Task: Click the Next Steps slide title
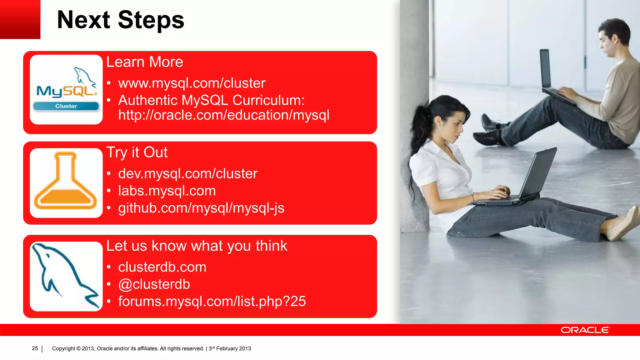coord(121,20)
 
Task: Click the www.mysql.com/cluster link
coord(192,83)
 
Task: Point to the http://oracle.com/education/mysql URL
coord(224,115)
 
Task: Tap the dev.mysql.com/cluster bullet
coord(188,173)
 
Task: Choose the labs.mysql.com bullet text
coord(167,191)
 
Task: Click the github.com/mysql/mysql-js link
coord(201,208)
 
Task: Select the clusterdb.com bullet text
coord(162,267)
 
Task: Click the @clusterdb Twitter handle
coord(154,284)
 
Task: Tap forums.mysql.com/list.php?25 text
coord(212,302)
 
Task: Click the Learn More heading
coord(145,62)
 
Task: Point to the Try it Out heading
coord(137,152)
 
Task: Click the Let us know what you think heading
coord(197,246)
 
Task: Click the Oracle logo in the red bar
coord(585,330)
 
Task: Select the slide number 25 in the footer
coord(35,348)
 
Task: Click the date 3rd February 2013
coord(230,348)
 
